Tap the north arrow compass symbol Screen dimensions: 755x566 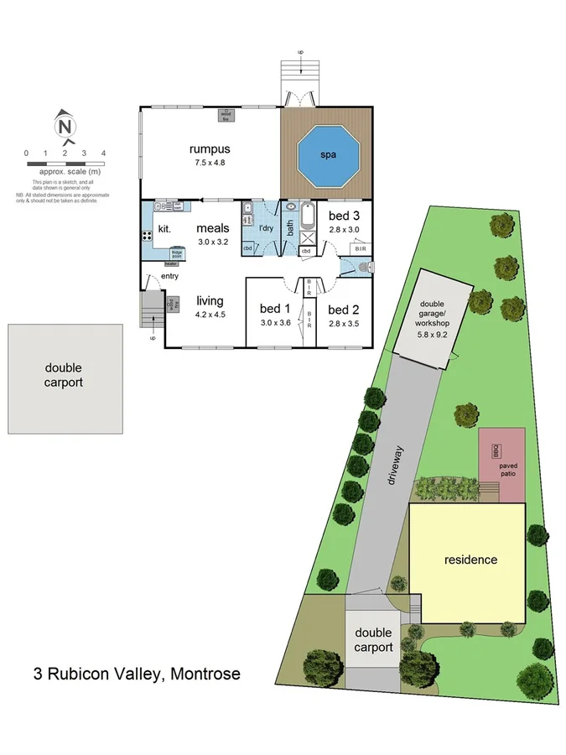(x=64, y=125)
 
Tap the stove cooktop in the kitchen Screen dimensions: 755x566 (x=160, y=236)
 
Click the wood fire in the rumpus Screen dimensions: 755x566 (x=226, y=115)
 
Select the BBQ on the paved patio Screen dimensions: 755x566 (x=495, y=450)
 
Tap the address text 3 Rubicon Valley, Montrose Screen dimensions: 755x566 (x=137, y=673)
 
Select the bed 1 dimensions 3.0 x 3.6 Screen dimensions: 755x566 (x=274, y=322)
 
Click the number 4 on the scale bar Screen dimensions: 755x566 (x=103, y=153)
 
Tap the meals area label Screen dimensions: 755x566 (x=212, y=228)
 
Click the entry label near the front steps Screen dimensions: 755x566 (x=169, y=276)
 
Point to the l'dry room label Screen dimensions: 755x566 (x=266, y=228)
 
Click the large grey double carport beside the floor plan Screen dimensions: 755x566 (x=64, y=378)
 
